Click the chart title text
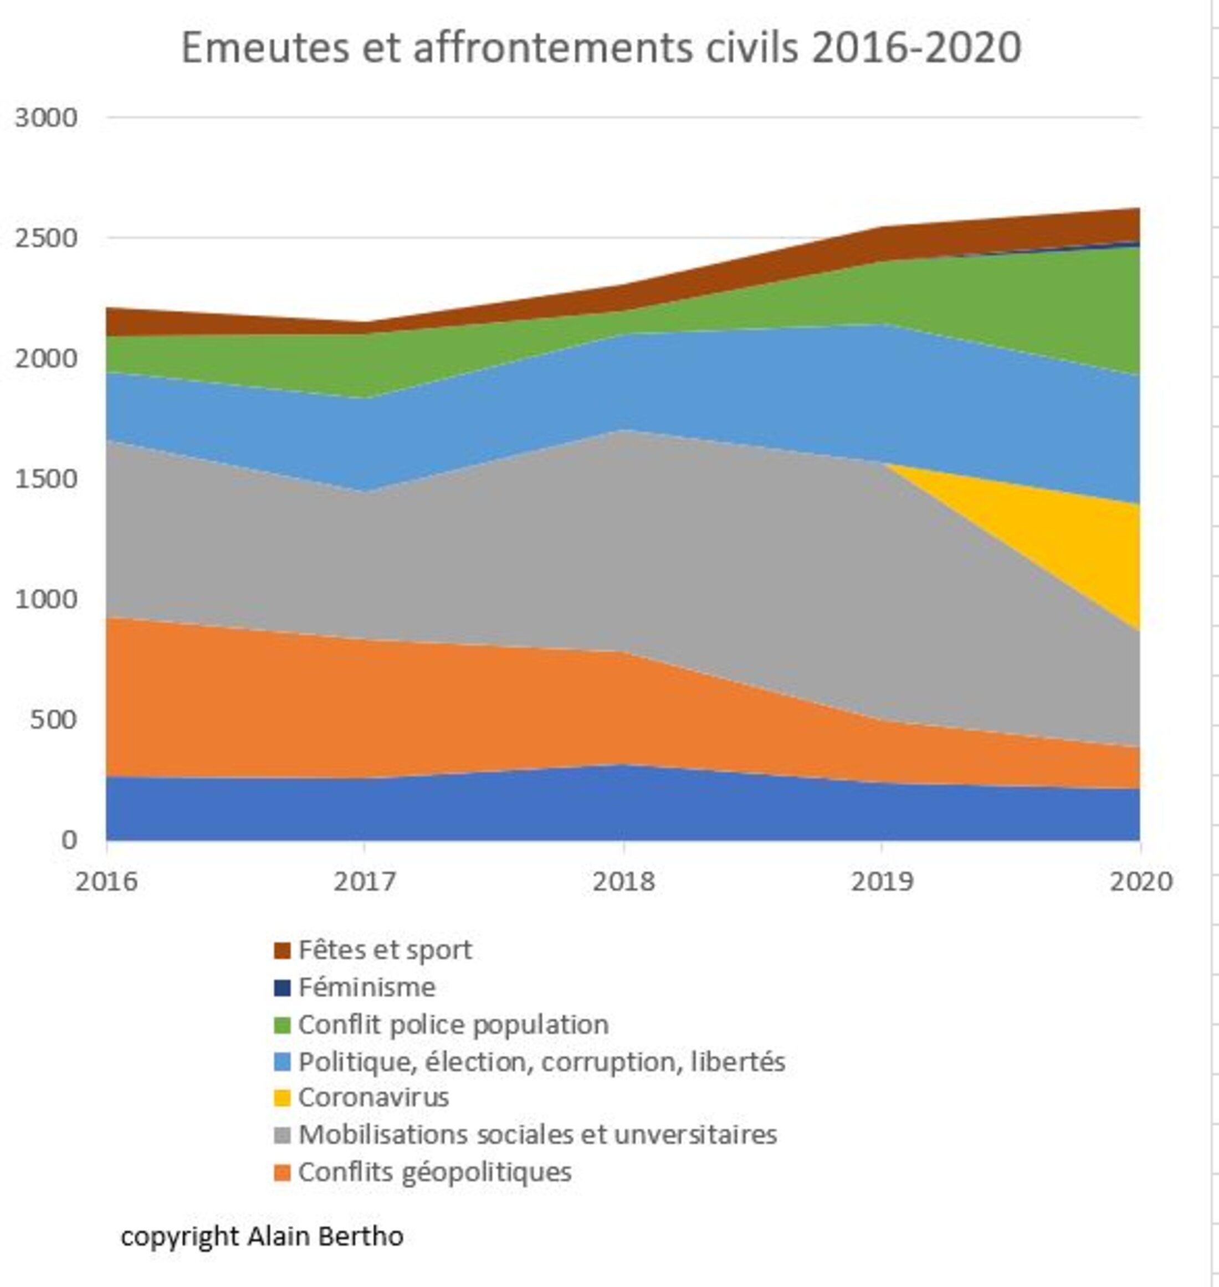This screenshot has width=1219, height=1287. click(601, 48)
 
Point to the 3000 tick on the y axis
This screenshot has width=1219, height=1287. click(45, 117)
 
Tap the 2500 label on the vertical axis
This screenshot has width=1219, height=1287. click(45, 238)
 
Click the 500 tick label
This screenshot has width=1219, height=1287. click(53, 719)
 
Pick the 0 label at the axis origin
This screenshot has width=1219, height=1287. click(69, 840)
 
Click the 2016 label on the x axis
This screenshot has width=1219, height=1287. click(106, 881)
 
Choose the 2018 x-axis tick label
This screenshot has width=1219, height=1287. click(624, 881)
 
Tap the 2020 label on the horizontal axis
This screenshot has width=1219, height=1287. click(1140, 881)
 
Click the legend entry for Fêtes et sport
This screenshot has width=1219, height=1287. click(385, 950)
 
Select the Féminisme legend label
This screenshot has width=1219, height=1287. click(366, 987)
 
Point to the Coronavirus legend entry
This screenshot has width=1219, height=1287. click(373, 1098)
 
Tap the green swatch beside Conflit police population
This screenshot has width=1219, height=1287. click(282, 1025)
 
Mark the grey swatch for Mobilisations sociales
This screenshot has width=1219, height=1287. click(282, 1136)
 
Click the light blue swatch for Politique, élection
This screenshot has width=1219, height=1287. click(282, 1062)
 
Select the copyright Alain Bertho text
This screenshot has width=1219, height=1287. click(262, 1235)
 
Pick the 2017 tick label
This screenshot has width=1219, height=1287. click(365, 881)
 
